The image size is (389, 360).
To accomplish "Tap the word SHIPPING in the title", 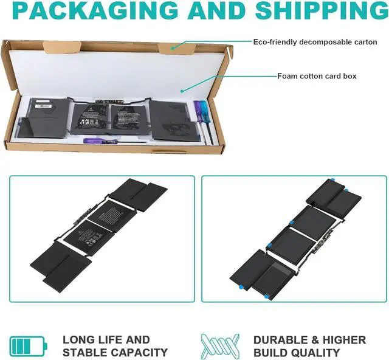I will (322, 10).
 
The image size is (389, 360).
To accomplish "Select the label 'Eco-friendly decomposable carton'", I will (315, 42).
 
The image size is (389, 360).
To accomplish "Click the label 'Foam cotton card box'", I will (317, 76).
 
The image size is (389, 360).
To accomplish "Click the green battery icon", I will (27, 345).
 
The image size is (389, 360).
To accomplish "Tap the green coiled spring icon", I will (217, 345).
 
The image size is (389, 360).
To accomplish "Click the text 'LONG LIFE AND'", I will (106, 339).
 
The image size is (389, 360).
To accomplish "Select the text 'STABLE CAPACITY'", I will (115, 352).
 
